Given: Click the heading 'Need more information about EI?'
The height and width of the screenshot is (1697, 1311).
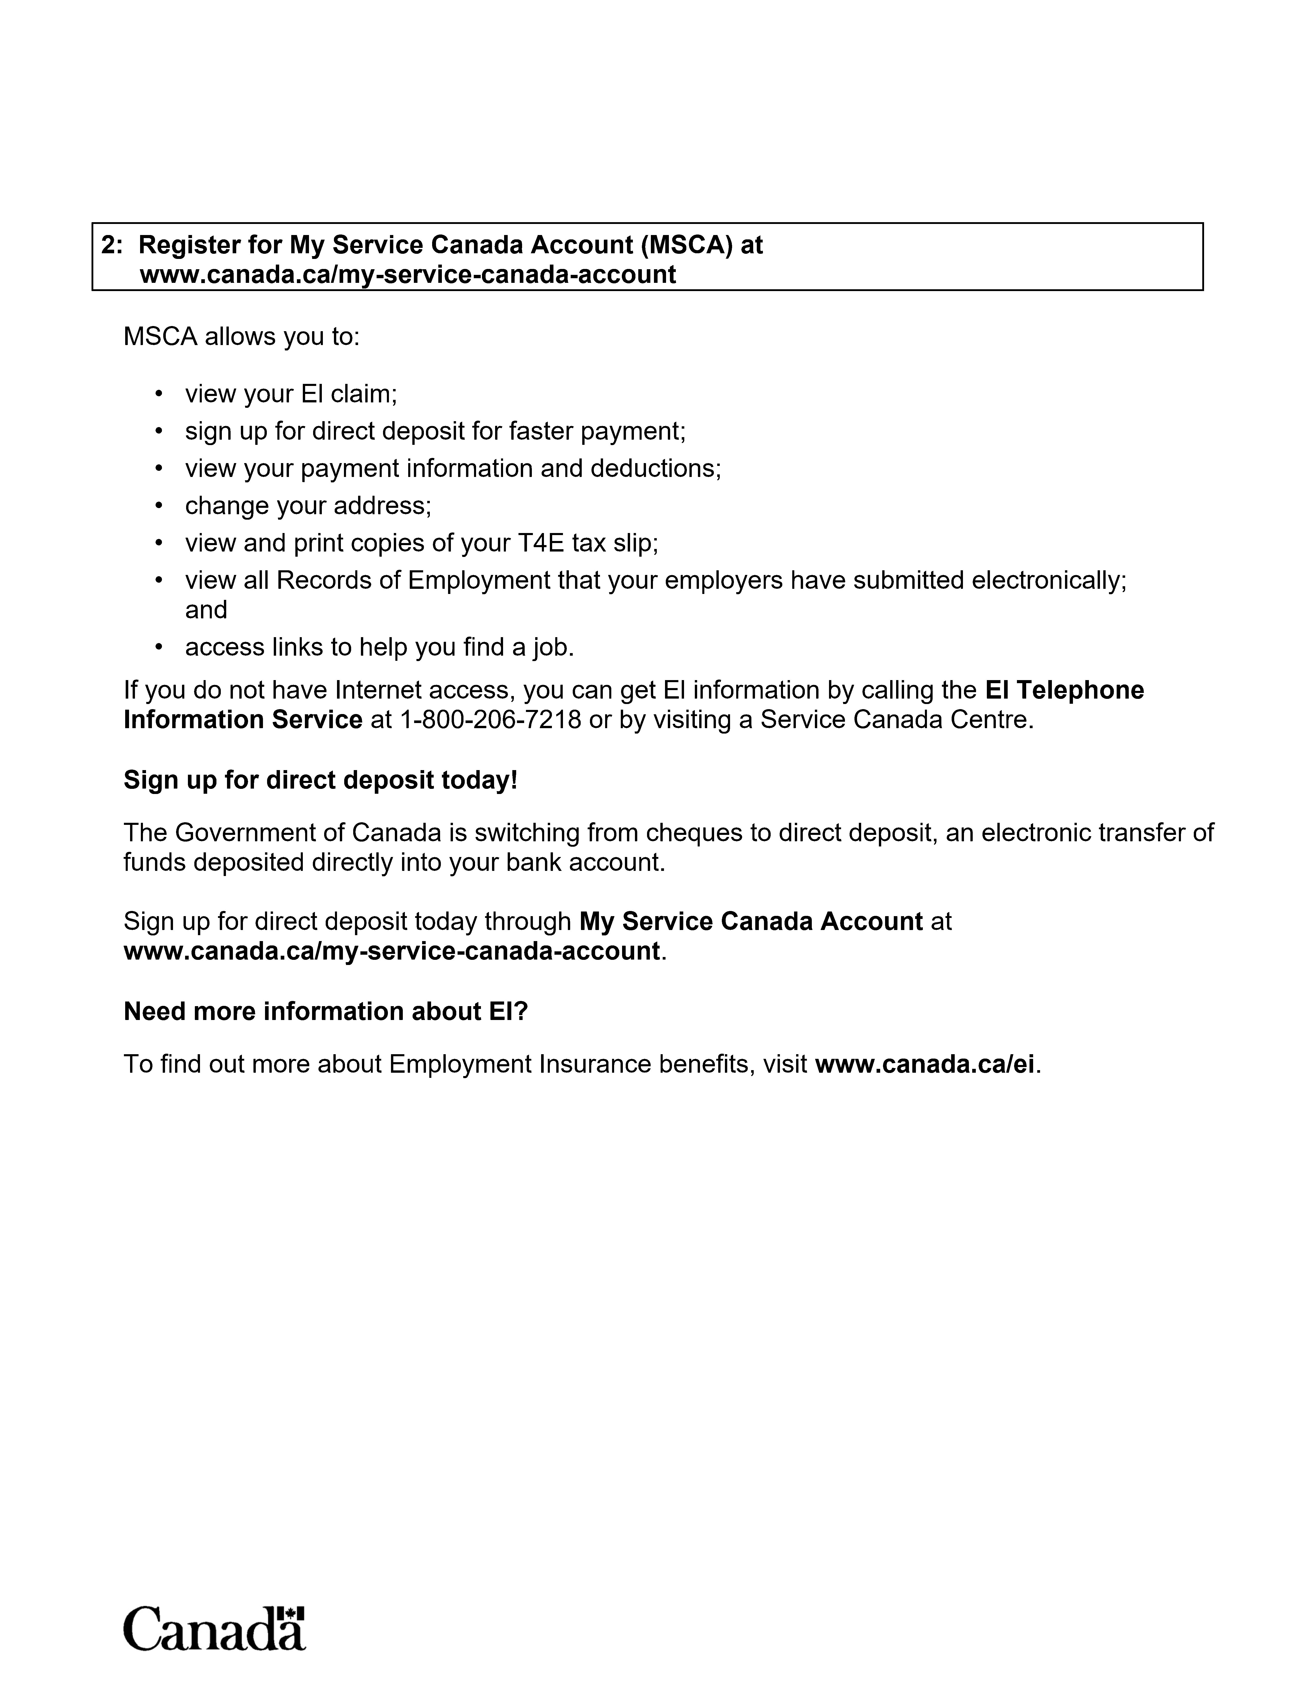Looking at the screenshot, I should tap(325, 1011).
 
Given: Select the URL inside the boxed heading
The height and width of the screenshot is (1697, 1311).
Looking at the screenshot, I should tap(408, 274).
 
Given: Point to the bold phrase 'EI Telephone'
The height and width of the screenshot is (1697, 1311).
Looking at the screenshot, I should tap(1064, 690).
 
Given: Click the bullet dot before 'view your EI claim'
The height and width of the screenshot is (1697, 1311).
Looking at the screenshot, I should tap(159, 394).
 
